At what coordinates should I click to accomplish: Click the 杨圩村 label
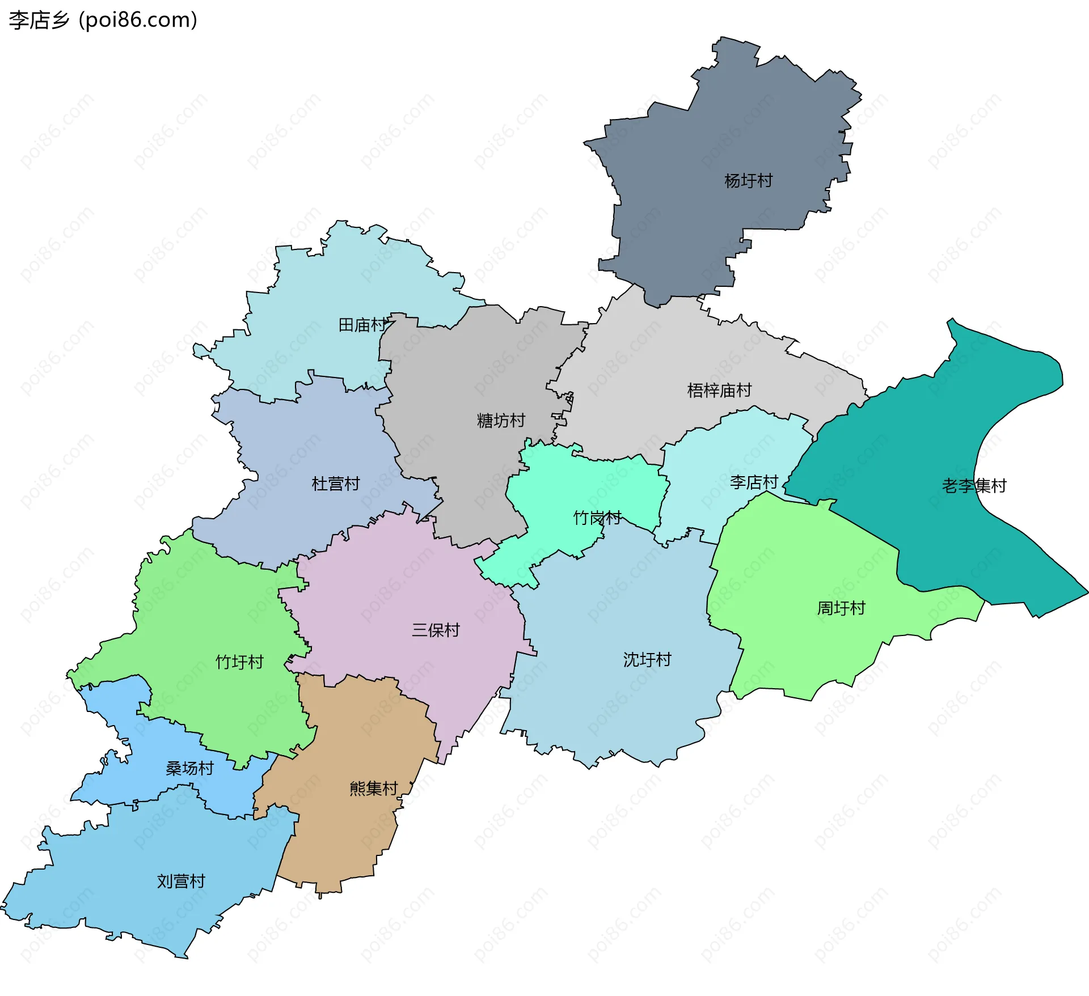coord(748,181)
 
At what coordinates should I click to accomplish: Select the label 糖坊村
coord(501,421)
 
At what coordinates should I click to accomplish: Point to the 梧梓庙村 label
coord(719,390)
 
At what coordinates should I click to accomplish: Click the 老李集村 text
coord(974,486)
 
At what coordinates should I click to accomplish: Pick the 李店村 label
coord(754,482)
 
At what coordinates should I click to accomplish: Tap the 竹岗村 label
coord(597,518)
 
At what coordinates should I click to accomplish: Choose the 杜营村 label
coord(336,484)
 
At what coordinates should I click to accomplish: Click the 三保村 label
coord(436,630)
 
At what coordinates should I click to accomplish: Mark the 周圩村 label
coord(841,608)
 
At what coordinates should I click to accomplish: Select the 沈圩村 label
coord(647,659)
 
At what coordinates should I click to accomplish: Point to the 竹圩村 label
coord(239,662)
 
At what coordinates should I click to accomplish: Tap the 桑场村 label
coord(189,768)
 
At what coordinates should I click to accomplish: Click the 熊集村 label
coord(373,788)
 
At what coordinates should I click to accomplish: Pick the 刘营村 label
coord(181,881)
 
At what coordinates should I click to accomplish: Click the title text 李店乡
coord(39,20)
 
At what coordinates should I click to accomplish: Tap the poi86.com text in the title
coord(138,20)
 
